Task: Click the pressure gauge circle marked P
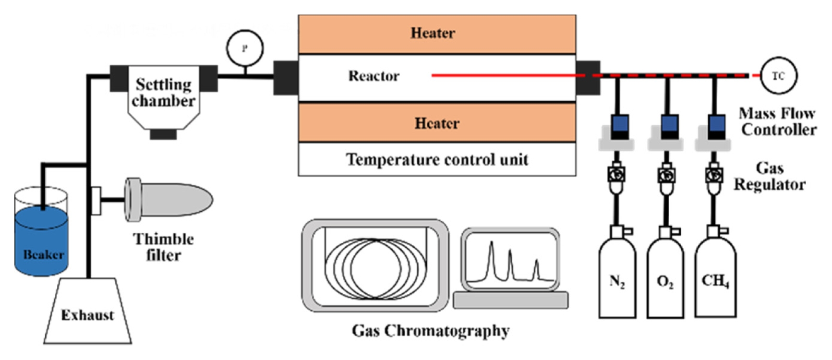[245, 48]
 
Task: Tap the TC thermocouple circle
[778, 76]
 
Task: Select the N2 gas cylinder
[617, 281]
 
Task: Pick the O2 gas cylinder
[665, 281]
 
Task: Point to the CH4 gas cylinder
[715, 281]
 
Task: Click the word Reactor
[374, 76]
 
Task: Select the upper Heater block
[436, 34]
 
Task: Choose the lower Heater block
[436, 123]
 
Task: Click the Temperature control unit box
[436, 159]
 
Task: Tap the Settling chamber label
[163, 93]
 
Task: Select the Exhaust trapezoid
[87, 314]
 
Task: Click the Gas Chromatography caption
[430, 331]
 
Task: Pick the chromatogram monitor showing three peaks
[511, 262]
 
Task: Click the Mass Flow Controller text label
[778, 121]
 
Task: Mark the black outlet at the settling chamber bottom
[163, 134]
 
